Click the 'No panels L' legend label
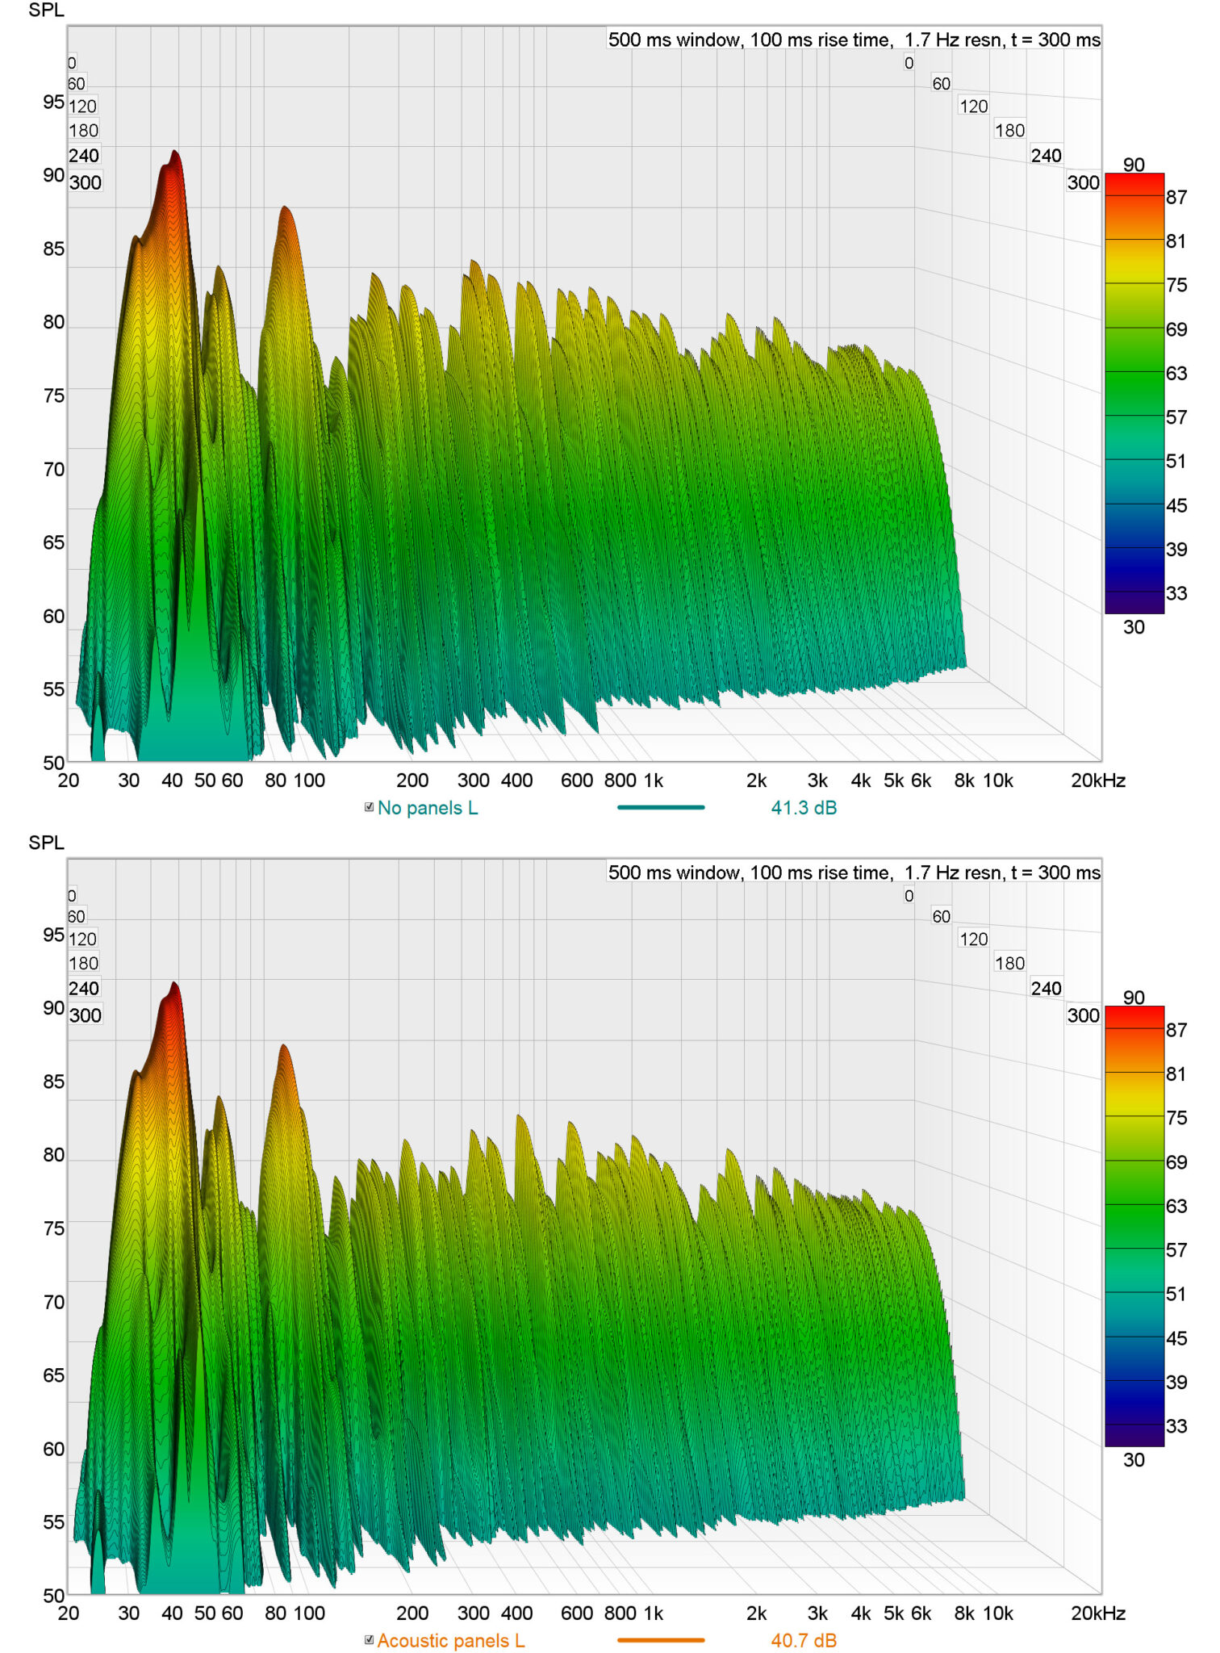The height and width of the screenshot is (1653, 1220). pyautogui.click(x=428, y=808)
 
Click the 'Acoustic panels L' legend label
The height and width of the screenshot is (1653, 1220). pyautogui.click(x=451, y=1641)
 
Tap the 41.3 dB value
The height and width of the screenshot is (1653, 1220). pyautogui.click(x=804, y=808)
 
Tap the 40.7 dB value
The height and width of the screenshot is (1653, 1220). pyautogui.click(x=804, y=1641)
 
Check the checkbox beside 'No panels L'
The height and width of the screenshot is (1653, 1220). pyautogui.click(x=370, y=807)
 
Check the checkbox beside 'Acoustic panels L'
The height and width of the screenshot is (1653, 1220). pyautogui.click(x=370, y=1640)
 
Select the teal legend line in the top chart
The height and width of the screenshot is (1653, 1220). pyautogui.click(x=661, y=807)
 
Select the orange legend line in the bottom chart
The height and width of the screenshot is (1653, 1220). pyautogui.click(x=661, y=1640)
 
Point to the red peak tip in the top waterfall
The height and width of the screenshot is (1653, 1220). pyautogui.click(x=173, y=151)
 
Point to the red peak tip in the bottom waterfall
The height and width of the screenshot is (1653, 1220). pyautogui.click(x=173, y=983)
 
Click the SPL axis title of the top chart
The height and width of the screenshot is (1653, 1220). pyautogui.click(x=46, y=10)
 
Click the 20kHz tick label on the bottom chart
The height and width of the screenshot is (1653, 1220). pyautogui.click(x=1098, y=1613)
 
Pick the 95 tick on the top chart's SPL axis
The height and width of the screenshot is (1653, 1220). pyautogui.click(x=53, y=103)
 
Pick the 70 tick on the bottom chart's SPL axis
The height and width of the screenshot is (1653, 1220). pyautogui.click(x=53, y=1303)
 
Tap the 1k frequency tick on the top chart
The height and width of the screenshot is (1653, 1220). pyautogui.click(x=654, y=780)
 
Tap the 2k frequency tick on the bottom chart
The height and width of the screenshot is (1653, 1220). pyautogui.click(x=756, y=1613)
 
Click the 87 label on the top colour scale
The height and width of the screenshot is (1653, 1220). pyautogui.click(x=1176, y=198)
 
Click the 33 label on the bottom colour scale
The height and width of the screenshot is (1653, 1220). pyautogui.click(x=1176, y=1427)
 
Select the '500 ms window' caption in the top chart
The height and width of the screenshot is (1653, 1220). pyautogui.click(x=674, y=40)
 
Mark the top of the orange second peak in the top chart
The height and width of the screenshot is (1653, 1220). pyautogui.click(x=284, y=207)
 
